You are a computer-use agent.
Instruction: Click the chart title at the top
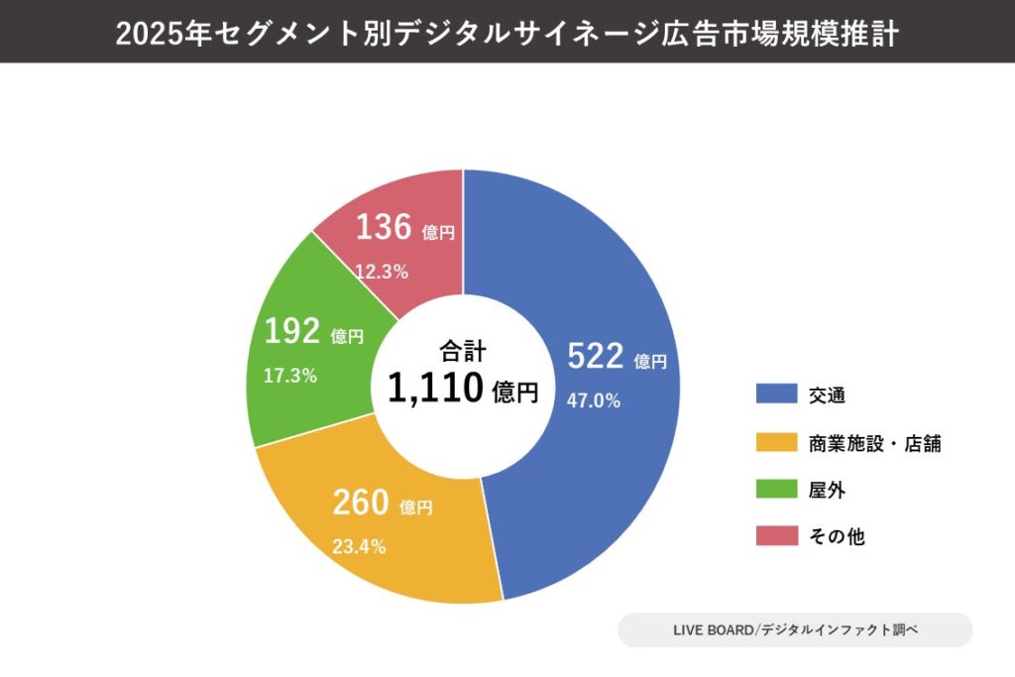(x=507, y=33)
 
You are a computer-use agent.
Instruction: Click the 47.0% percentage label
(x=593, y=400)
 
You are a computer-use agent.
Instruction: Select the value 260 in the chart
(x=360, y=504)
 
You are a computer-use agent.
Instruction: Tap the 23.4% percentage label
(x=359, y=546)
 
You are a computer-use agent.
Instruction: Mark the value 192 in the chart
(x=291, y=332)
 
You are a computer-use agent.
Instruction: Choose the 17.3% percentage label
(x=289, y=376)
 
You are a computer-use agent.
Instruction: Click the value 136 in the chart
(x=383, y=228)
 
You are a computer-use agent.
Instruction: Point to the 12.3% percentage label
(x=382, y=272)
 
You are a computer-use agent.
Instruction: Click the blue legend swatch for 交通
(x=775, y=394)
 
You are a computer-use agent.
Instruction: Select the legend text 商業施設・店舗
(x=874, y=444)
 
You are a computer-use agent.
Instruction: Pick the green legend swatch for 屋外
(x=775, y=489)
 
